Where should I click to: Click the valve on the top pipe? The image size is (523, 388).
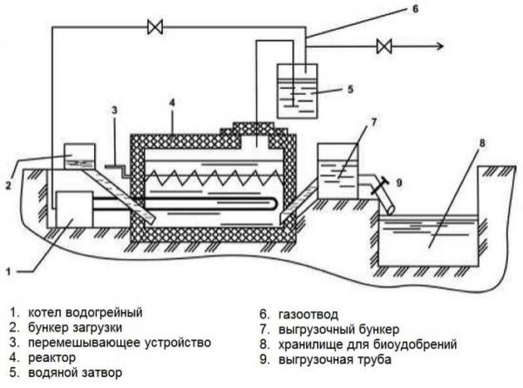pos(155,28)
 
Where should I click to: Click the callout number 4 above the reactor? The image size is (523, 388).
pos(173,103)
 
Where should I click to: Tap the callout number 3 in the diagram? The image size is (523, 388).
pos(113,110)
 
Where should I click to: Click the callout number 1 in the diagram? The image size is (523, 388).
pos(8,272)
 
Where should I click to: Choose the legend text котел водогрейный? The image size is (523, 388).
pos(84,311)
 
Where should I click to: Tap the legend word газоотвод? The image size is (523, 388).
pos(309,311)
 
